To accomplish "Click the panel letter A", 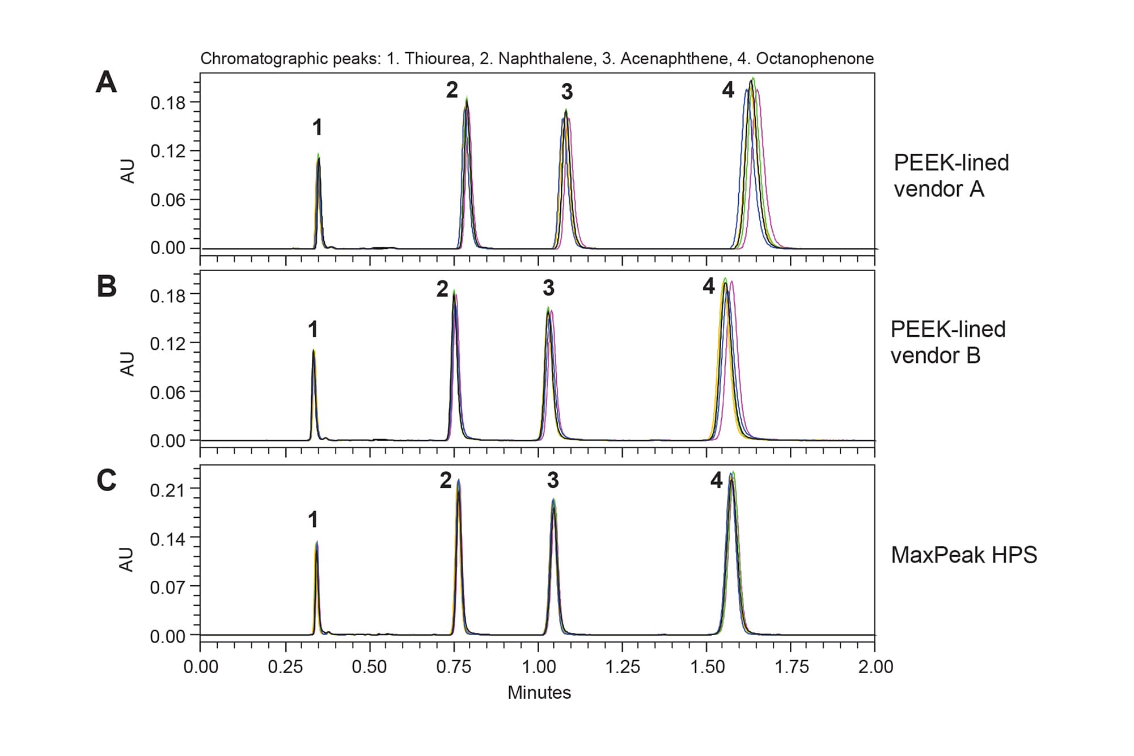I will pos(106,83).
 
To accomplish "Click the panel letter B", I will pos(107,286).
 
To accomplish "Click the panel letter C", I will pos(107,480).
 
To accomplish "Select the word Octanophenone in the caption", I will pos(814,58).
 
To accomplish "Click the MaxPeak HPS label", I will pos(963,555).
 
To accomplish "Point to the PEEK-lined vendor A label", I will pos(951,175).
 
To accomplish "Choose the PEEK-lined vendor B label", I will pos(947,342).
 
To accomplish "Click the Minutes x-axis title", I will pos(539,692).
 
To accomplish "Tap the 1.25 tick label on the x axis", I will pos(622,667).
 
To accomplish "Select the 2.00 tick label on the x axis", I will pos(875,667).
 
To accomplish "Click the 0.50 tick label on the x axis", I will pos(369,667).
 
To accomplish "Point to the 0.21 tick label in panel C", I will pos(167,489).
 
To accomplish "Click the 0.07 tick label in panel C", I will pos(167,587).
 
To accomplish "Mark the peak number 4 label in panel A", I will pos(728,90).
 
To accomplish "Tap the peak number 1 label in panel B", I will pos(313,329).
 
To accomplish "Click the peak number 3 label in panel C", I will pos(553,480).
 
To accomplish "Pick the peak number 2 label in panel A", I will pos(452,90).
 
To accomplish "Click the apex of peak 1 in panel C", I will pos(317,542).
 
